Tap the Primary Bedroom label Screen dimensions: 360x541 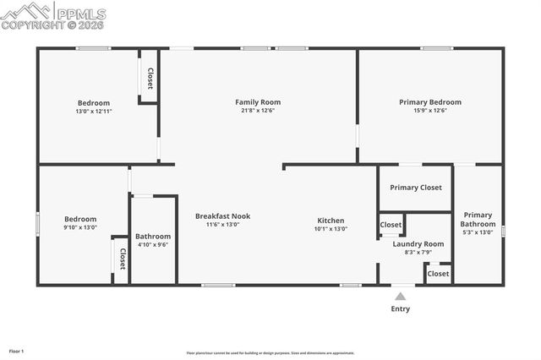(430, 102)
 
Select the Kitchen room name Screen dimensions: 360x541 (330, 220)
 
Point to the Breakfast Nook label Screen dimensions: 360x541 (222, 216)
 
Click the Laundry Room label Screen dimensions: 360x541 (418, 243)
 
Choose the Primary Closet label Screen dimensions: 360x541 (415, 187)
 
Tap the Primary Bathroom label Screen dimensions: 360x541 (478, 219)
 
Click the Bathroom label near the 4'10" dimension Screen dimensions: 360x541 (153, 237)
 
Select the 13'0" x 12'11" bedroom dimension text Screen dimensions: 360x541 (93, 111)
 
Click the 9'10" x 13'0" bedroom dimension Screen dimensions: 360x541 (81, 227)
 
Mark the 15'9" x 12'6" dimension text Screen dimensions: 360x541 (430, 111)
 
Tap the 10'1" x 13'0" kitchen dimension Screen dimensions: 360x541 (330, 228)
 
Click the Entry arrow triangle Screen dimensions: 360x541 (400, 296)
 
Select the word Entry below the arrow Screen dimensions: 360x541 (400, 308)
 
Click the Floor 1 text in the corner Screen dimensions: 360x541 (17, 351)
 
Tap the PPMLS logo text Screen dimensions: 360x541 (82, 13)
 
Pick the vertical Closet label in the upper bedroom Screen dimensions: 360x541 (150, 79)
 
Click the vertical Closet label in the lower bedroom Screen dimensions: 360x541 (122, 259)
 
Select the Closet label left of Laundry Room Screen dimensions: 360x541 (391, 225)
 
